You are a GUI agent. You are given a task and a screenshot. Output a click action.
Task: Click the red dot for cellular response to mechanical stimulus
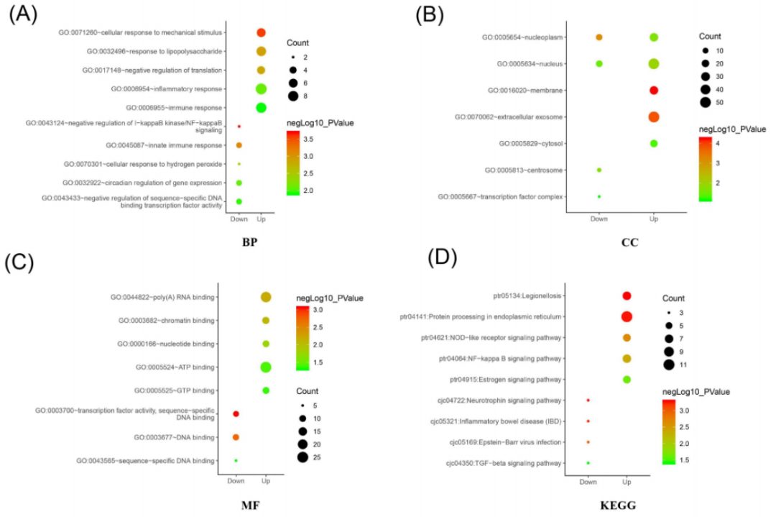[x=261, y=32]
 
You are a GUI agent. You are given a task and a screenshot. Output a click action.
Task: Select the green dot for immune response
[x=261, y=107]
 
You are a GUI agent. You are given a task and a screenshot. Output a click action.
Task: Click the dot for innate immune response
[x=239, y=145]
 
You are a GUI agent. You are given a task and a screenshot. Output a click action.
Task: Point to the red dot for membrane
[x=653, y=90]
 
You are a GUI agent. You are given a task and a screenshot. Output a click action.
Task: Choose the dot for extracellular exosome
[x=653, y=116]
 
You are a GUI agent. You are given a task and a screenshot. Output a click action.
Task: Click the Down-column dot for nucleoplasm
[x=599, y=37]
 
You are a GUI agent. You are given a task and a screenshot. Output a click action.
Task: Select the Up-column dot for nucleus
[x=653, y=64]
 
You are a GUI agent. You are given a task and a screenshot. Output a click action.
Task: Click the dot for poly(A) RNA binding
[x=265, y=297]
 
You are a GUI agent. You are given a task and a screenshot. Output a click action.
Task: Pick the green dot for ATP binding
[x=265, y=367]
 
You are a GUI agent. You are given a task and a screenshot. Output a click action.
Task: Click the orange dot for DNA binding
[x=236, y=436]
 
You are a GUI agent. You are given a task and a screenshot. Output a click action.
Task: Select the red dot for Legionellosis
[x=626, y=296]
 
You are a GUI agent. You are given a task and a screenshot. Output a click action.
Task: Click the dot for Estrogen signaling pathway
[x=626, y=379]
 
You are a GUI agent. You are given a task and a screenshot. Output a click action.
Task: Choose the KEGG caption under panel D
[x=617, y=506]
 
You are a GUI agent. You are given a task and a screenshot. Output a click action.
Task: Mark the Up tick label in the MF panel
[x=265, y=480]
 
